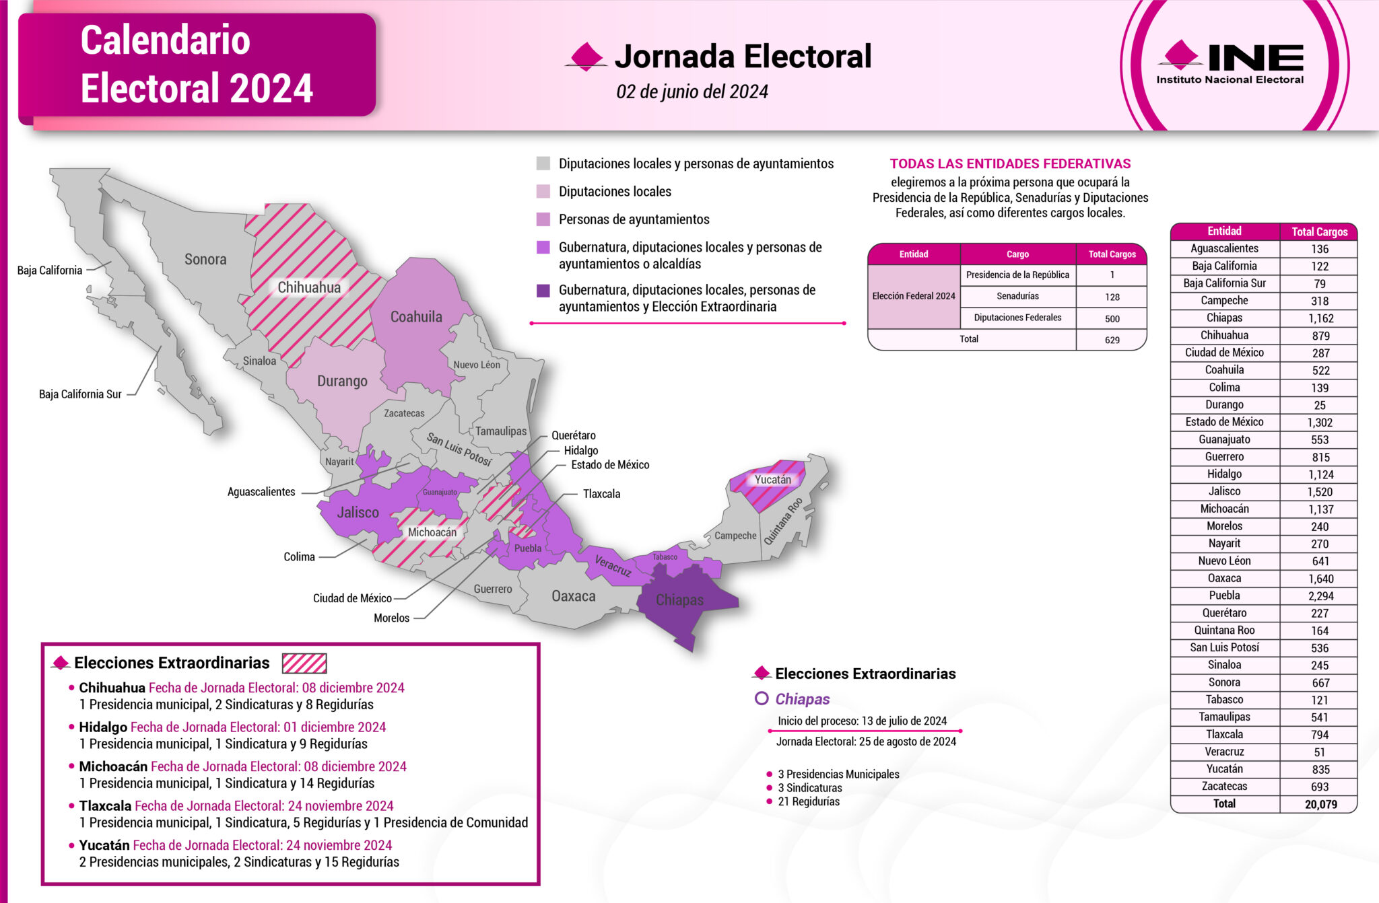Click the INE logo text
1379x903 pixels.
click(x=1255, y=58)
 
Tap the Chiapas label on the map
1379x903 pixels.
click(x=679, y=600)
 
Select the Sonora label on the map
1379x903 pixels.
click(x=205, y=259)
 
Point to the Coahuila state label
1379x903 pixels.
click(x=416, y=317)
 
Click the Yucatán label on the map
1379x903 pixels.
click(x=772, y=480)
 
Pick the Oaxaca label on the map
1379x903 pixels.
click(x=573, y=596)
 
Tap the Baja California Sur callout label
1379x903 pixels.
click(x=80, y=394)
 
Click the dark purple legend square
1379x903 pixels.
click(x=543, y=291)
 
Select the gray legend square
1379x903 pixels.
click(x=543, y=164)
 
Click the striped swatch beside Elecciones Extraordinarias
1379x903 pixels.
click(x=304, y=663)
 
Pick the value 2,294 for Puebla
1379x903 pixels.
click(x=1319, y=596)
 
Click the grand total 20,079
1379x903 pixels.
click(x=1320, y=804)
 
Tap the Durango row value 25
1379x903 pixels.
click(x=1319, y=405)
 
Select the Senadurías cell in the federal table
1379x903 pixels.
click(x=1017, y=296)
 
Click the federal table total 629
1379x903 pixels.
click(x=1112, y=340)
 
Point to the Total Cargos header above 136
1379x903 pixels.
click(x=1319, y=232)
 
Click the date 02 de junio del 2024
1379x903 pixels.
click(x=692, y=92)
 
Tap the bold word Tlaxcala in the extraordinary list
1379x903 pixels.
click(x=105, y=806)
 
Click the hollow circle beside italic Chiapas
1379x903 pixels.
click(x=762, y=698)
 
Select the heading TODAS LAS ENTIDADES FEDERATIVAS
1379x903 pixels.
click(x=1010, y=164)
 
